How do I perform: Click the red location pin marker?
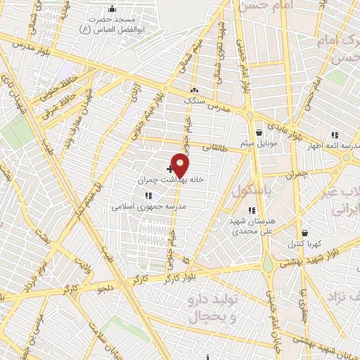tap(181, 165)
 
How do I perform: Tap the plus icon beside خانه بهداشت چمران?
tap(170, 169)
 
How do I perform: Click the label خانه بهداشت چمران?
tap(170, 180)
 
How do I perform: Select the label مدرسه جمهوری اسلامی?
tap(148, 207)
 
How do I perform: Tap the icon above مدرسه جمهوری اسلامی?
tap(148, 195)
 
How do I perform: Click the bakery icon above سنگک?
tap(194, 90)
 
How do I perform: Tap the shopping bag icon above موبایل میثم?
tap(259, 131)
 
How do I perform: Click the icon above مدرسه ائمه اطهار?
tap(335, 135)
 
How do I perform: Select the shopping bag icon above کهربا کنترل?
tap(304, 233)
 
